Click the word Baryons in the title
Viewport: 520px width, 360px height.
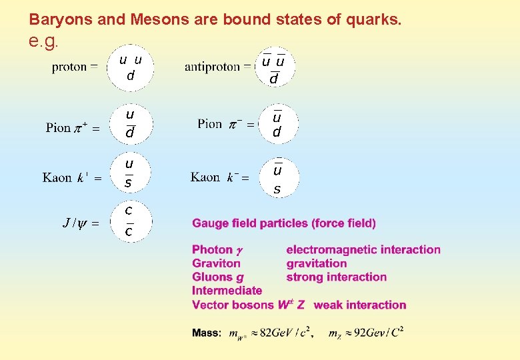54,20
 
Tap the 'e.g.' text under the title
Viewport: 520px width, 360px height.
44,41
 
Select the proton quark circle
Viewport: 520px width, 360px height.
131,67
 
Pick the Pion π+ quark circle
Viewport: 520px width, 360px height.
130,125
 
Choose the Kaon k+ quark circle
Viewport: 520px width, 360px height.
129,173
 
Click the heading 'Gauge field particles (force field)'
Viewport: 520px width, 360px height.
284,223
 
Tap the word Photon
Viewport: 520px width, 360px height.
212,250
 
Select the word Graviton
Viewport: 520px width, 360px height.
216,263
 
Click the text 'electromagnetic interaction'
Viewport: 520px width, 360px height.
363,250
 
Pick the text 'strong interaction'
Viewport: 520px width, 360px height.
336,277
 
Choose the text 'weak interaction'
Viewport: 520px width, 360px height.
360,305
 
